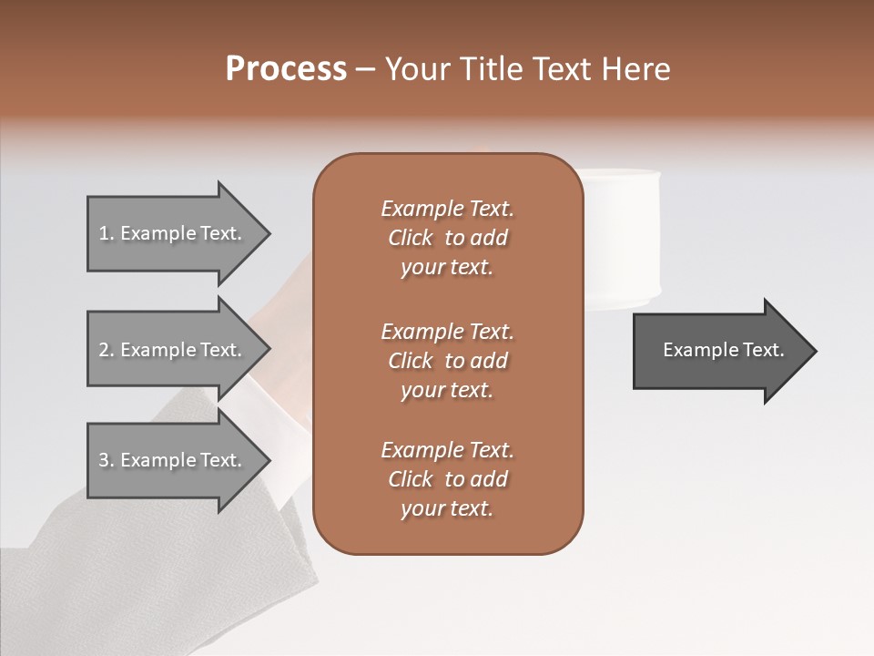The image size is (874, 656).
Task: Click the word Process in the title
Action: tap(286, 68)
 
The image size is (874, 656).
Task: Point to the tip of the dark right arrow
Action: tap(815, 351)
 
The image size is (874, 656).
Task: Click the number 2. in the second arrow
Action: tap(107, 350)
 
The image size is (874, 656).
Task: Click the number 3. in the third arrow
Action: tap(107, 460)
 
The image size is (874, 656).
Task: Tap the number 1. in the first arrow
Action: tap(107, 233)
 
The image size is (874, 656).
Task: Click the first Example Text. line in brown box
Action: tap(447, 209)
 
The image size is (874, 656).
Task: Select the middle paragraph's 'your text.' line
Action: tap(447, 390)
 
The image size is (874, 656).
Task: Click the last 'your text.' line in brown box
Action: tap(447, 508)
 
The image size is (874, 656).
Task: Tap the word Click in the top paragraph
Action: tap(411, 238)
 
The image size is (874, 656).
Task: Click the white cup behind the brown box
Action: tap(624, 237)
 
